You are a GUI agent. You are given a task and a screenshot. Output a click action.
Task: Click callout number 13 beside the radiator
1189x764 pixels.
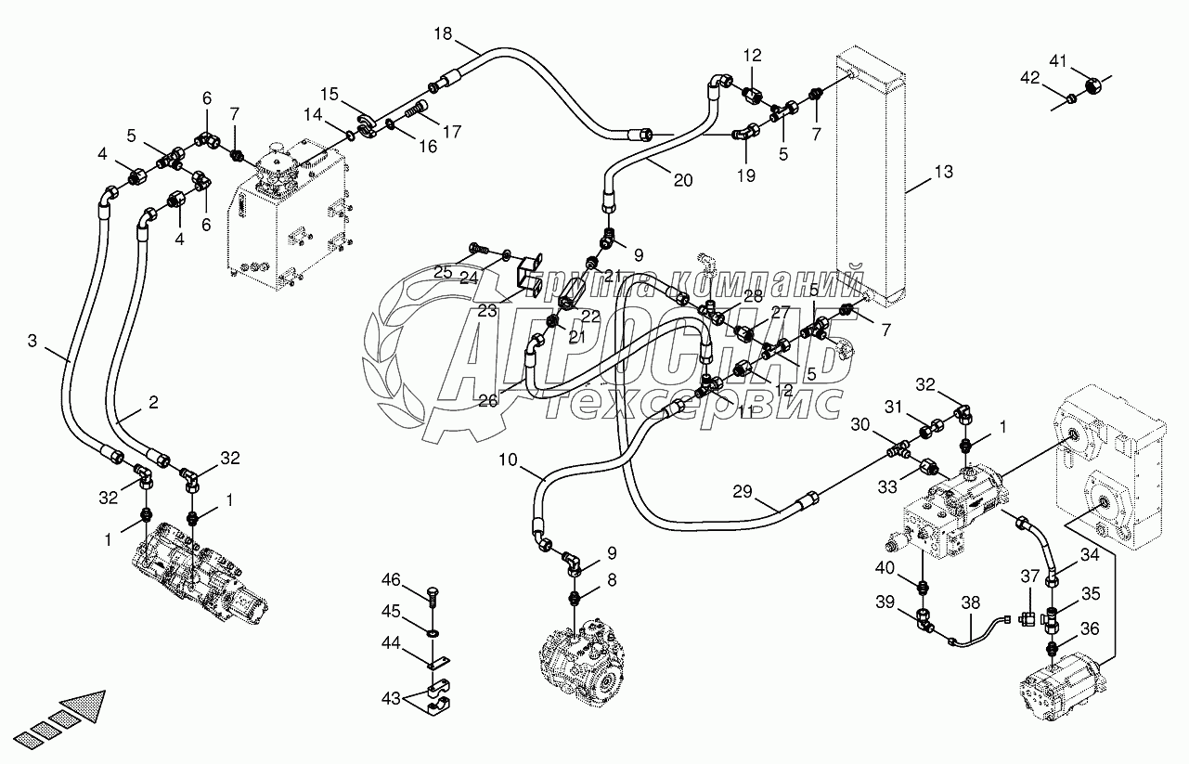coord(944,172)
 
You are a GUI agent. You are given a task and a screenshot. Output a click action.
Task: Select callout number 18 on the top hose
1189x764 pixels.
coord(444,33)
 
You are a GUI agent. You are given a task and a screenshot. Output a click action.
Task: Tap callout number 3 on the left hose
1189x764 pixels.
coord(32,342)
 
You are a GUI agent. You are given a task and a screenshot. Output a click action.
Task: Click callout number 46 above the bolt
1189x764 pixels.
coord(391,581)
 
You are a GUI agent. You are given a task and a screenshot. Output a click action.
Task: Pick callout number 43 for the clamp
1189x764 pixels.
coord(391,696)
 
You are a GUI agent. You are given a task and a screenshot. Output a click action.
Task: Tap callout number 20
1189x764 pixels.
coord(683,181)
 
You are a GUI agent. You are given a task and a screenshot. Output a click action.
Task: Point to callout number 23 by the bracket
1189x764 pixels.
coord(488,312)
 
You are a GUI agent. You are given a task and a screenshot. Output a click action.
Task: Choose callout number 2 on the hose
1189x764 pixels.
coord(153,404)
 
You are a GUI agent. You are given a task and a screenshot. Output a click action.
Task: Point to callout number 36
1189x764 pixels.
coord(1090,628)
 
